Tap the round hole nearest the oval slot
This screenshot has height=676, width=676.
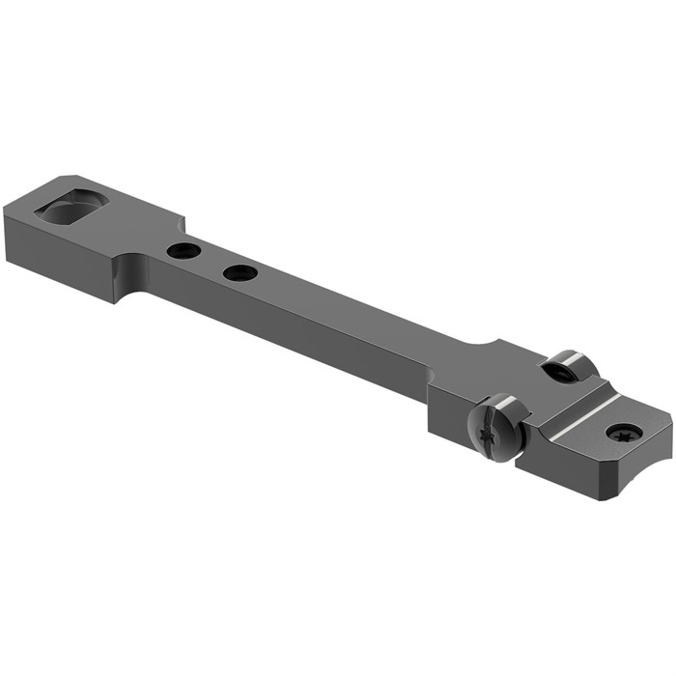182,251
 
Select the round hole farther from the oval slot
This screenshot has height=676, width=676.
239,273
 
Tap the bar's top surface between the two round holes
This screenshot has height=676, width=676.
211,262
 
